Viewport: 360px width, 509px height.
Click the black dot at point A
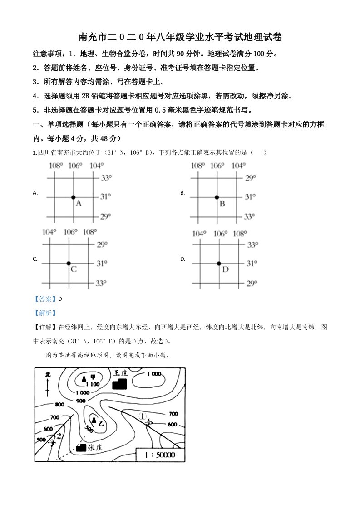73,197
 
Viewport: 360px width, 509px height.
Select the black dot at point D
219,263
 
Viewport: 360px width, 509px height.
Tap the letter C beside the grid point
74,269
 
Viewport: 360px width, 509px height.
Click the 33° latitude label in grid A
105,178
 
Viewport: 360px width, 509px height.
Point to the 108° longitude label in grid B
197,166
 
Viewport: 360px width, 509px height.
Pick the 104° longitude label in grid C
49,232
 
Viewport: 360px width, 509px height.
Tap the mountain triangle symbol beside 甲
84,378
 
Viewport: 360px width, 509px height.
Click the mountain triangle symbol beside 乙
94,420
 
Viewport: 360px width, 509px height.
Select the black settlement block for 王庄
119,383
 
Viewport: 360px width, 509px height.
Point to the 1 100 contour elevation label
92,384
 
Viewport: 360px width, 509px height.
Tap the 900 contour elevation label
81,401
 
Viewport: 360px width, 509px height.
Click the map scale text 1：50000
161,454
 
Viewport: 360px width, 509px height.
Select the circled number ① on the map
143,415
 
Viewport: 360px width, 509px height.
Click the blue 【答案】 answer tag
44,299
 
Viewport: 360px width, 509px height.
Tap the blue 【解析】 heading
44,313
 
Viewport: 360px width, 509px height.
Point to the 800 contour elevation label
59,405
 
